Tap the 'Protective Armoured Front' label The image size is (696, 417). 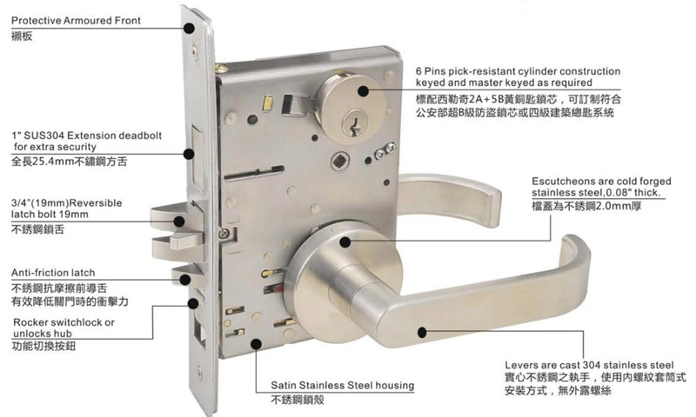click(x=76, y=20)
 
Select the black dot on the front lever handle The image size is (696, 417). click(x=422, y=332)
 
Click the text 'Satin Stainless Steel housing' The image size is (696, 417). click(x=342, y=385)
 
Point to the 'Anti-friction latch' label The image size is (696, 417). click(x=53, y=273)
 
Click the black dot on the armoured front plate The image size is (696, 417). click(x=190, y=29)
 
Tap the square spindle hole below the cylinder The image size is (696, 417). click(x=340, y=162)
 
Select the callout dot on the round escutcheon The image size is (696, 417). click(x=345, y=242)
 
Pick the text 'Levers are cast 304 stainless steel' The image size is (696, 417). click(x=589, y=365)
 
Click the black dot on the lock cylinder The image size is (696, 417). click(x=364, y=91)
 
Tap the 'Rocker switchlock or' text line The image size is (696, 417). click(x=64, y=322)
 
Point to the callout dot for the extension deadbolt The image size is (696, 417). click(x=189, y=155)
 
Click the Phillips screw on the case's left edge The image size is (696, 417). click(x=224, y=232)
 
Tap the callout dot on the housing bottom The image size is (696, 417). click(x=256, y=344)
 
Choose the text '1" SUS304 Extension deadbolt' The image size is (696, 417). click(x=86, y=136)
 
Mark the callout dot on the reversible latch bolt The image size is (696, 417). click(x=179, y=222)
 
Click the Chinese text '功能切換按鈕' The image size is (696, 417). click(x=43, y=346)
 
